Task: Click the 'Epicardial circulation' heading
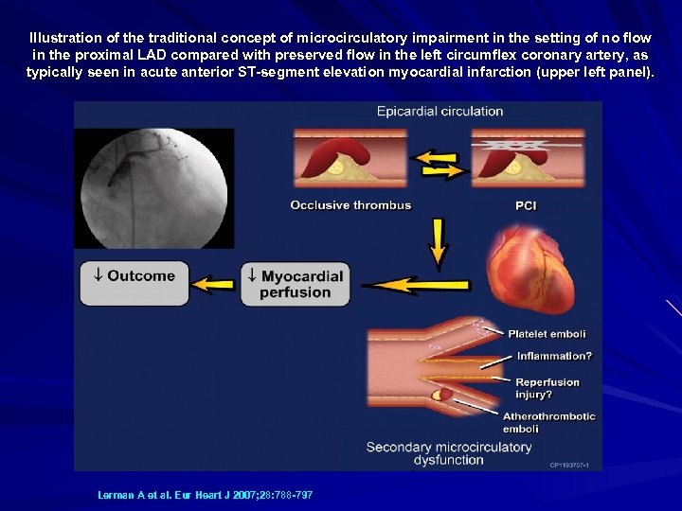click(440, 112)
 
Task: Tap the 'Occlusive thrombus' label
click(350, 204)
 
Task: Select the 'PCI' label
click(526, 204)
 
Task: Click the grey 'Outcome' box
click(135, 283)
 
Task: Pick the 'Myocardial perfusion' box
click(296, 284)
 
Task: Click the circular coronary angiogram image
click(153, 188)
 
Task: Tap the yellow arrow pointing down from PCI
click(438, 241)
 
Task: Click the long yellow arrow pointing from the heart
click(404, 283)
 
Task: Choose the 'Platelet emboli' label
click(547, 334)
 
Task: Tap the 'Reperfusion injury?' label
click(547, 388)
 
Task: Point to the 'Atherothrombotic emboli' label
click(549, 422)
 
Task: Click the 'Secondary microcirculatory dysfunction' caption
click(449, 453)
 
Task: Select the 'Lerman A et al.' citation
click(205, 495)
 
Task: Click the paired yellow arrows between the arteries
click(441, 163)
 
